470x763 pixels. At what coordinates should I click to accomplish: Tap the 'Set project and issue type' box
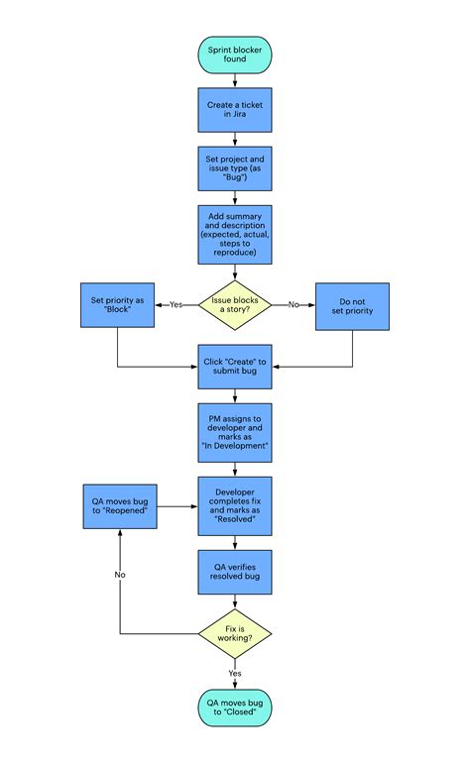click(234, 169)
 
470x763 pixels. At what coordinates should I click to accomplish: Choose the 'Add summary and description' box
click(234, 234)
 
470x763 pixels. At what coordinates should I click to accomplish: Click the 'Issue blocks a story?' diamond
click(234, 304)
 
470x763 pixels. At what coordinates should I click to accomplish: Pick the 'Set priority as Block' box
click(117, 305)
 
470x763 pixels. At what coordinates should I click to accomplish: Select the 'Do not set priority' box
click(352, 305)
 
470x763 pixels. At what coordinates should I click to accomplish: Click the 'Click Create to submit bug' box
click(234, 368)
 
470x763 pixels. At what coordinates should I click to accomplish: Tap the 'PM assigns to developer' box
click(234, 432)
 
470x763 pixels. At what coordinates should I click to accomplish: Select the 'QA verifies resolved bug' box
click(234, 572)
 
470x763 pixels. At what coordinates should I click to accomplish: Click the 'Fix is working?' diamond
click(234, 633)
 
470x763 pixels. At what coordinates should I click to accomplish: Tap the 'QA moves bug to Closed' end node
click(234, 708)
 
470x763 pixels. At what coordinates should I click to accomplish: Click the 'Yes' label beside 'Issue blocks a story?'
click(176, 305)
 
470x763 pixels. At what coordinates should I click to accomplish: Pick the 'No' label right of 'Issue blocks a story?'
click(294, 305)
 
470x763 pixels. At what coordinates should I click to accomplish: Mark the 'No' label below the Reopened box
click(119, 574)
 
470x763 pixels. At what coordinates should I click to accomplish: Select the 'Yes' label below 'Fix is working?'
click(235, 673)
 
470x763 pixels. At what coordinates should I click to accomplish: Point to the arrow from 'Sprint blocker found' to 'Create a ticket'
click(234, 79)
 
